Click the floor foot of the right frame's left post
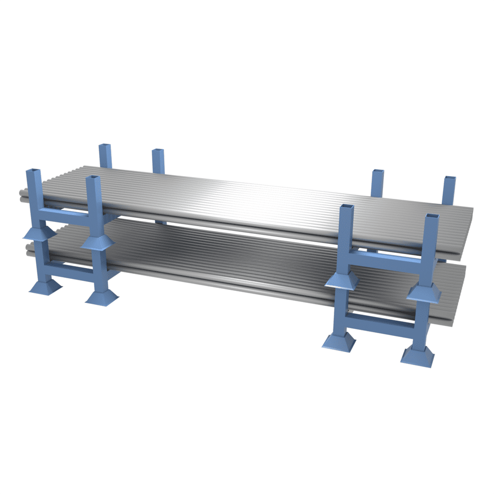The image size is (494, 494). click(x=339, y=341)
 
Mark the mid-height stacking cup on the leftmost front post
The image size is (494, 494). click(x=39, y=233)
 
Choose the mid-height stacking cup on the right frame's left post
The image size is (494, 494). click(x=342, y=280)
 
